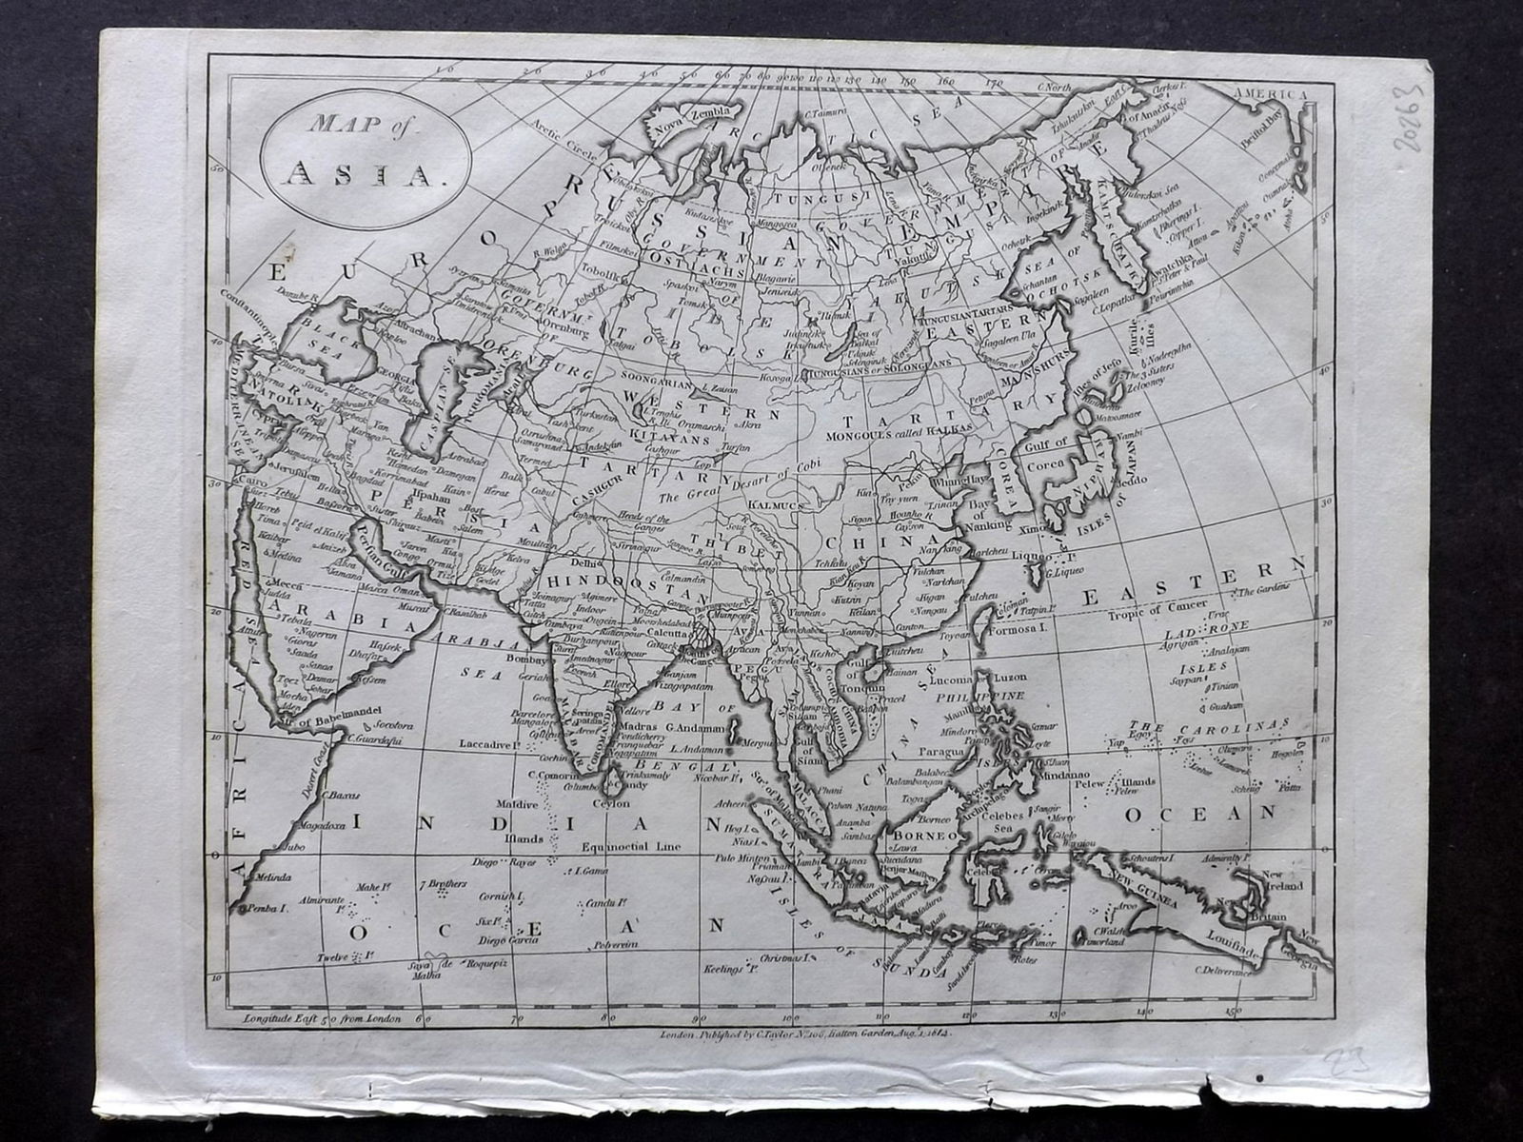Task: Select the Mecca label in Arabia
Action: click(x=283, y=582)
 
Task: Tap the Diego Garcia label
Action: click(x=510, y=939)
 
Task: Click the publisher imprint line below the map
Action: click(x=803, y=1031)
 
